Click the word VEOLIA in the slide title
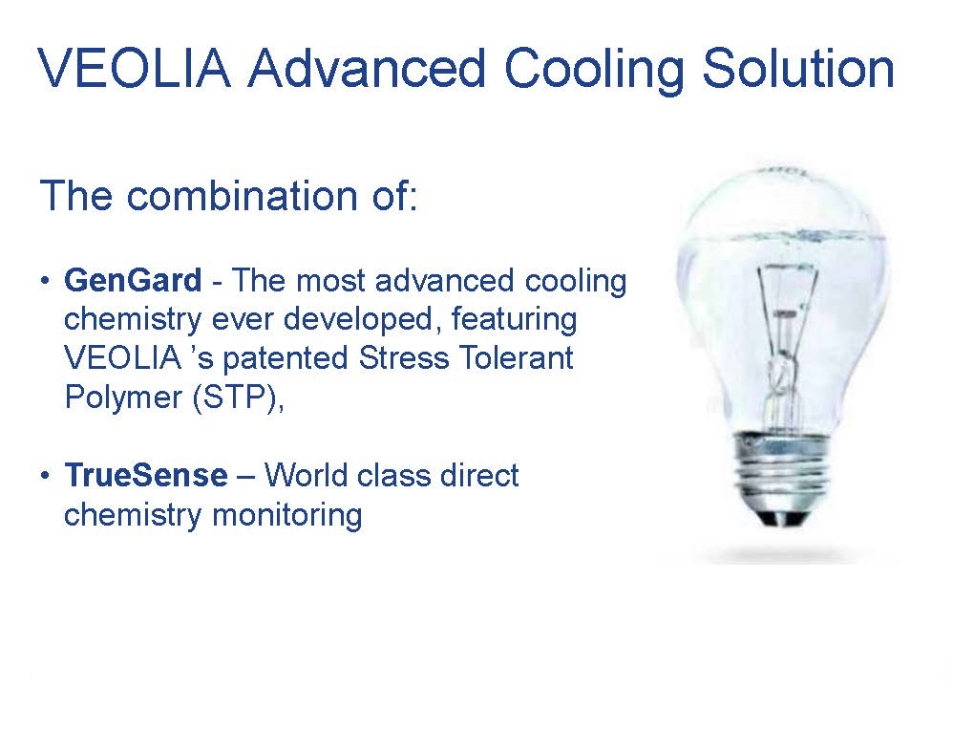coord(135,68)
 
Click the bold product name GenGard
coord(133,280)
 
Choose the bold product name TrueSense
coord(146,476)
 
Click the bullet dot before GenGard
coord(45,281)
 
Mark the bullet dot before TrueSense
coord(45,476)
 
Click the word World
coord(305,476)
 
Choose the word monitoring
coord(287,515)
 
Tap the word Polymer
coord(123,398)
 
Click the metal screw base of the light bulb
coord(782,478)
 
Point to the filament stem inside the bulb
coord(785,348)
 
